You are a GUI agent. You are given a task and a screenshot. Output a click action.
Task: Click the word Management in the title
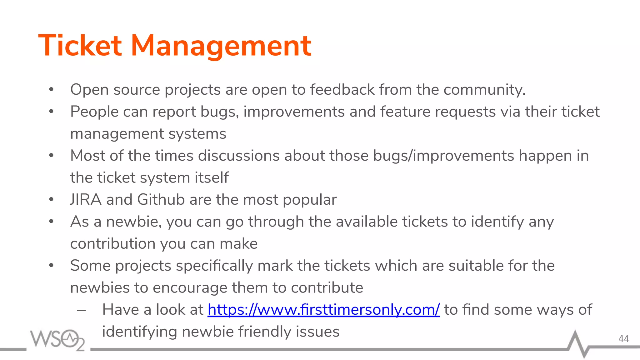(x=221, y=46)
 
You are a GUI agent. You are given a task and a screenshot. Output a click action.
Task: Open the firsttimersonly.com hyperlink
(x=323, y=310)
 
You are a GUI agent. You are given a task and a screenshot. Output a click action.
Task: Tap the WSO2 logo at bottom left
(x=57, y=339)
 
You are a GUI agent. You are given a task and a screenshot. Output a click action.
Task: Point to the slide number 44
(x=623, y=339)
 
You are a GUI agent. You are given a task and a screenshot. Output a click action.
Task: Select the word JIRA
(x=86, y=200)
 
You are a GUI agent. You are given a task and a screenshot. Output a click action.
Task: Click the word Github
(x=161, y=200)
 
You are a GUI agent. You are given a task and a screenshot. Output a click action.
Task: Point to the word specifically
(x=215, y=266)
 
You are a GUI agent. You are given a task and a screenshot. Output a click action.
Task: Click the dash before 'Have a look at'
(x=81, y=310)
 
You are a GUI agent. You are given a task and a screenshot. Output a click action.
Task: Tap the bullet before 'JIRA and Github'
(x=52, y=200)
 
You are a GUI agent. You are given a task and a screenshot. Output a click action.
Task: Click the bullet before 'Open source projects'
(x=52, y=90)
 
